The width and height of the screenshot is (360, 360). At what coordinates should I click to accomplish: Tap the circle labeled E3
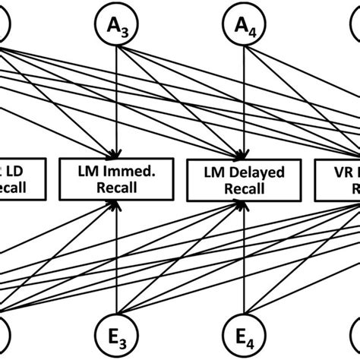pos(116,331)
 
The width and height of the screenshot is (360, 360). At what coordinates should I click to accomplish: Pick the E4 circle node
pos(242,331)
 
